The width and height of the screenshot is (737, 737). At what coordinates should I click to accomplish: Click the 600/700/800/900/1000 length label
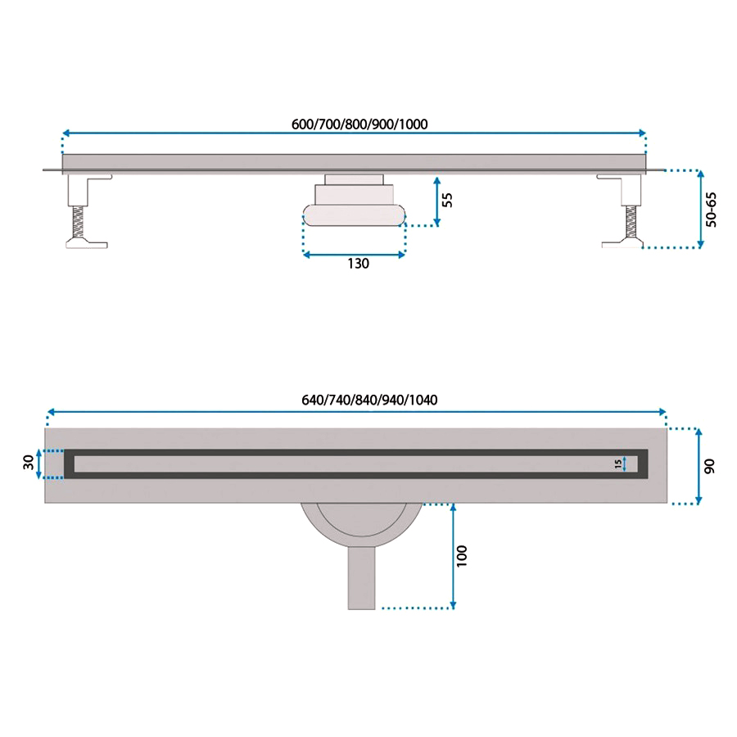point(359,124)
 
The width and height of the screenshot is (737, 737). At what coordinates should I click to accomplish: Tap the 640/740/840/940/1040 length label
point(369,400)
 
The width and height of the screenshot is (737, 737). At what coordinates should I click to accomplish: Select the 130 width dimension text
point(358,264)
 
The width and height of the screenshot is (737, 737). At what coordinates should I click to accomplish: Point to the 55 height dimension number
point(448,200)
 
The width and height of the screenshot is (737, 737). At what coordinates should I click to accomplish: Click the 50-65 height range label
point(712,210)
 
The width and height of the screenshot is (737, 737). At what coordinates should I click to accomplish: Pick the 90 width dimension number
point(709,466)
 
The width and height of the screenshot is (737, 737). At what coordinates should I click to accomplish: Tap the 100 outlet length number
point(462,556)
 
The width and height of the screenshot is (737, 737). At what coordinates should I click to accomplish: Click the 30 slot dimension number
point(29,463)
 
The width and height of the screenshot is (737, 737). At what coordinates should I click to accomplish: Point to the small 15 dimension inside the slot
point(617,464)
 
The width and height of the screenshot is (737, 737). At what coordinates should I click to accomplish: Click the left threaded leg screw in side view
point(79,221)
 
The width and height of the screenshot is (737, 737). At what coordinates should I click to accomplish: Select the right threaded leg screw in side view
point(631,221)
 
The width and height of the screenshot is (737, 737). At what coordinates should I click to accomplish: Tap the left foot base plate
point(87,243)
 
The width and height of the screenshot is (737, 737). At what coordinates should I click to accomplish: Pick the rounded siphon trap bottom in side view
point(354,215)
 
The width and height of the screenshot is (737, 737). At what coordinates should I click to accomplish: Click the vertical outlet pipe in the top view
point(361,579)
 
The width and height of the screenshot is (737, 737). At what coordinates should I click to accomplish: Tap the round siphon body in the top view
point(361,526)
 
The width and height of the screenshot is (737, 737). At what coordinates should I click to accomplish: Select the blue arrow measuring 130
point(354,255)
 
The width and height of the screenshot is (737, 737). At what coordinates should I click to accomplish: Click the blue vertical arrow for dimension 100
point(453,556)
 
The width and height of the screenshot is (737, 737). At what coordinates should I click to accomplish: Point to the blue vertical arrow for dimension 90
point(699,466)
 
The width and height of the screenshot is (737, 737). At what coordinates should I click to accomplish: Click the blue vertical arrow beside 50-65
point(701,209)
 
